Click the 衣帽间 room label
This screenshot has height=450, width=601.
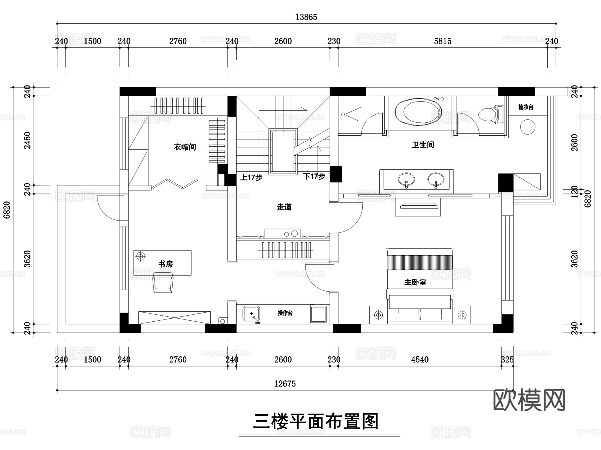click(185, 147)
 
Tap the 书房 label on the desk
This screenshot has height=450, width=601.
click(166, 264)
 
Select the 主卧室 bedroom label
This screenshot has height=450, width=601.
click(415, 282)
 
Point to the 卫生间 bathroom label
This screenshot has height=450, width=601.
click(423, 145)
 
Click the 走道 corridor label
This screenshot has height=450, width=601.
click(284, 207)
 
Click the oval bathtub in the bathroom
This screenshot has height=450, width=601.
click(418, 112)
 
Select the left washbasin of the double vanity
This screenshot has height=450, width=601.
click(406, 179)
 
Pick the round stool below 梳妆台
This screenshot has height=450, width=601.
click(528, 127)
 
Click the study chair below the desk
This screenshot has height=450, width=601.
click(163, 283)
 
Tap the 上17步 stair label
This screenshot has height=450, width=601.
click(251, 177)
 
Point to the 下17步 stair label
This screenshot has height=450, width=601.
click(314, 176)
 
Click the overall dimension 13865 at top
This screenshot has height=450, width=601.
click(306, 17)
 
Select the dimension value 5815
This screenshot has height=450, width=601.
click(442, 41)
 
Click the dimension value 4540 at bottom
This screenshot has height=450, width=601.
click(420, 359)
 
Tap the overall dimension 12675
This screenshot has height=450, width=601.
click(285, 384)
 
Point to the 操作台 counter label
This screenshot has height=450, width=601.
click(285, 313)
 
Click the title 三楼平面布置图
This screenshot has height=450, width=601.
click(316, 422)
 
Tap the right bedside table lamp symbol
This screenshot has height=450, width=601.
click(462, 315)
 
